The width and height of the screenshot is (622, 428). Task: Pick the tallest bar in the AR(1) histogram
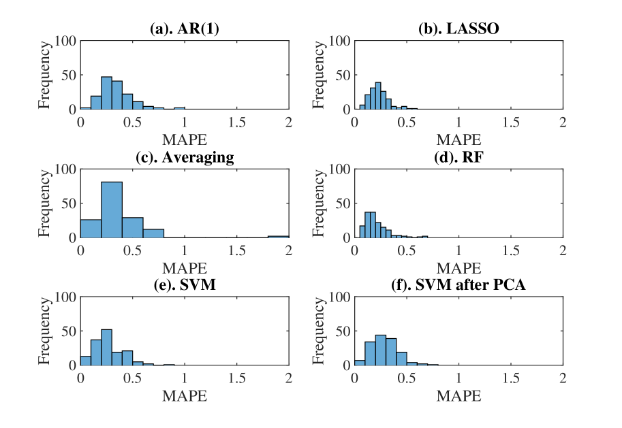[106, 93]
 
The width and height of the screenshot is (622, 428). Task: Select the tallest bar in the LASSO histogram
[378, 96]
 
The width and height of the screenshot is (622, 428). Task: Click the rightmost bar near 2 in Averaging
[278, 236]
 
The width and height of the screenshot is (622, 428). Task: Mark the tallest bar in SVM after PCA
[381, 350]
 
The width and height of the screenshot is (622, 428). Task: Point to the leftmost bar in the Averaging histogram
[91, 229]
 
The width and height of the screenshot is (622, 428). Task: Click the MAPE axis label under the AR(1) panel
[185, 140]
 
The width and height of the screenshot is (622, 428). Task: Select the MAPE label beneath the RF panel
[458, 268]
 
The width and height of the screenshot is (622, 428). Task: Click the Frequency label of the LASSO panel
[319, 75]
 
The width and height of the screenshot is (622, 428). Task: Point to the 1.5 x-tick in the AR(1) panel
[236, 122]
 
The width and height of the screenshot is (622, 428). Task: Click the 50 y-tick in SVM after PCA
[343, 331]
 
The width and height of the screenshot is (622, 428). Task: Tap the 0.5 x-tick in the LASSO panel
[407, 122]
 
